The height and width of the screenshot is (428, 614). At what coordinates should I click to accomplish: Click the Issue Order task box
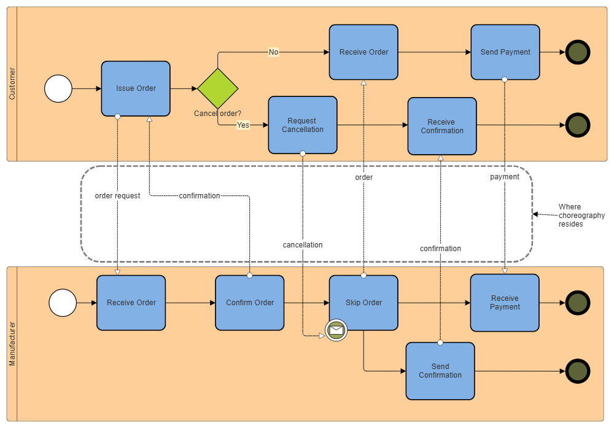[136, 88]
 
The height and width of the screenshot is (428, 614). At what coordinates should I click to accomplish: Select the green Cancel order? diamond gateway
[218, 88]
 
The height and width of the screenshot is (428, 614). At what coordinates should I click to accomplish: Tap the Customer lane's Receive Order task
[363, 52]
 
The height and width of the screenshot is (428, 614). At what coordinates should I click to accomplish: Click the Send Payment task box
[505, 52]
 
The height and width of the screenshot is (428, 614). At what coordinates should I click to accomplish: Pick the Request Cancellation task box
[303, 125]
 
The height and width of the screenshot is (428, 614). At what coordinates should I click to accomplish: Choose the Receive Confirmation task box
[442, 126]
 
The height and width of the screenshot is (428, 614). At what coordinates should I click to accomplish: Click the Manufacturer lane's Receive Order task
[131, 303]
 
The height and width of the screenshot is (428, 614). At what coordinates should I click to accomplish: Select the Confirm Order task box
[249, 303]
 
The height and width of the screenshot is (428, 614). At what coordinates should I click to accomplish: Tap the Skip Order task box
[363, 303]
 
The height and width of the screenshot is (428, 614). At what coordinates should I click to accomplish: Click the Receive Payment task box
[505, 303]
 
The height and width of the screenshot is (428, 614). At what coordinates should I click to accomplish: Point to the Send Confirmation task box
[440, 371]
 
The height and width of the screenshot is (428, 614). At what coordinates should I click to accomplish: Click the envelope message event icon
[336, 330]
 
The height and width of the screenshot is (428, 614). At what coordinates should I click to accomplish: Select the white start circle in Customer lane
[58, 88]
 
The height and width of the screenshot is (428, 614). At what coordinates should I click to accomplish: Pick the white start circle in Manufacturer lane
[63, 303]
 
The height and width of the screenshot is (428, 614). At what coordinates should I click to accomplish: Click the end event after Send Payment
[577, 52]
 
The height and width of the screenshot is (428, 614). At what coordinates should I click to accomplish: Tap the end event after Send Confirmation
[577, 371]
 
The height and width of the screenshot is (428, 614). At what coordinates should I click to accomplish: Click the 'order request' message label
[117, 196]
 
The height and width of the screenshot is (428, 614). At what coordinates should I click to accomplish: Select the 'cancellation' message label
[303, 245]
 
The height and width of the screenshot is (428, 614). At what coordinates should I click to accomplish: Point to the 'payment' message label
[505, 177]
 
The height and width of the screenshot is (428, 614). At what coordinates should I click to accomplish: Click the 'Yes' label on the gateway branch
[243, 125]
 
